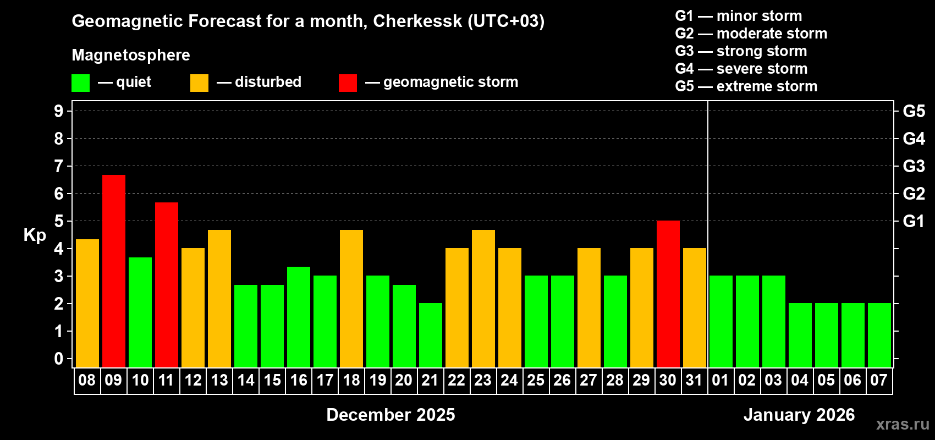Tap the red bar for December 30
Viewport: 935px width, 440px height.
pos(668,294)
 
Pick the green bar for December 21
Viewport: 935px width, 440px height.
pos(431,335)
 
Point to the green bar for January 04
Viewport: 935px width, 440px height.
pos(800,335)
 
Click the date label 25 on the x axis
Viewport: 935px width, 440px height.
pos(536,380)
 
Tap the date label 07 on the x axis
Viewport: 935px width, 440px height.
pos(879,380)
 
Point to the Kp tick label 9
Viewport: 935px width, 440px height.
pos(59,111)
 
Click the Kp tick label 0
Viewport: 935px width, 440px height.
pos(59,359)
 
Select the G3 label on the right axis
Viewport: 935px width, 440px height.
pos(914,166)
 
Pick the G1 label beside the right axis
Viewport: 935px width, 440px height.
pos(914,221)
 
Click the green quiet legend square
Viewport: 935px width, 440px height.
pos(81,83)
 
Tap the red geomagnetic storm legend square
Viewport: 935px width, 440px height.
pos(348,83)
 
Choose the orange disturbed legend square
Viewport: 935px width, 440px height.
pos(199,83)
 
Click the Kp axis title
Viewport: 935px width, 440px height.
pos(35,235)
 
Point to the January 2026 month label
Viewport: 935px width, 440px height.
pos(799,415)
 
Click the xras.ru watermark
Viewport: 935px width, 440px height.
pos(903,424)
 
